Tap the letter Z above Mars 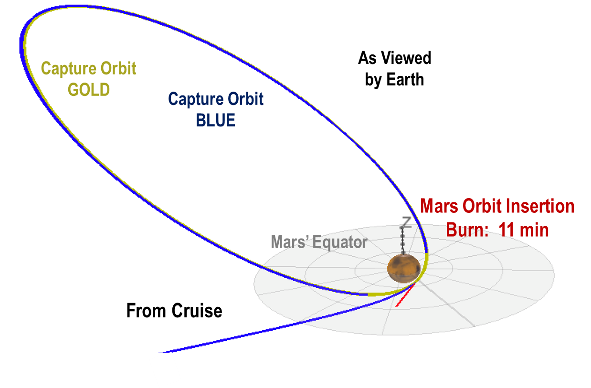pyautogui.click(x=406, y=222)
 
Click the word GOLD pyautogui.click(x=89, y=89)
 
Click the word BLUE pyautogui.click(x=215, y=120)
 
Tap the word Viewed pyautogui.click(x=406, y=58)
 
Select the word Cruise pyautogui.click(x=195, y=311)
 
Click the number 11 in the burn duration pyautogui.click(x=507, y=230)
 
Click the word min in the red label pyautogui.click(x=535, y=230)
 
